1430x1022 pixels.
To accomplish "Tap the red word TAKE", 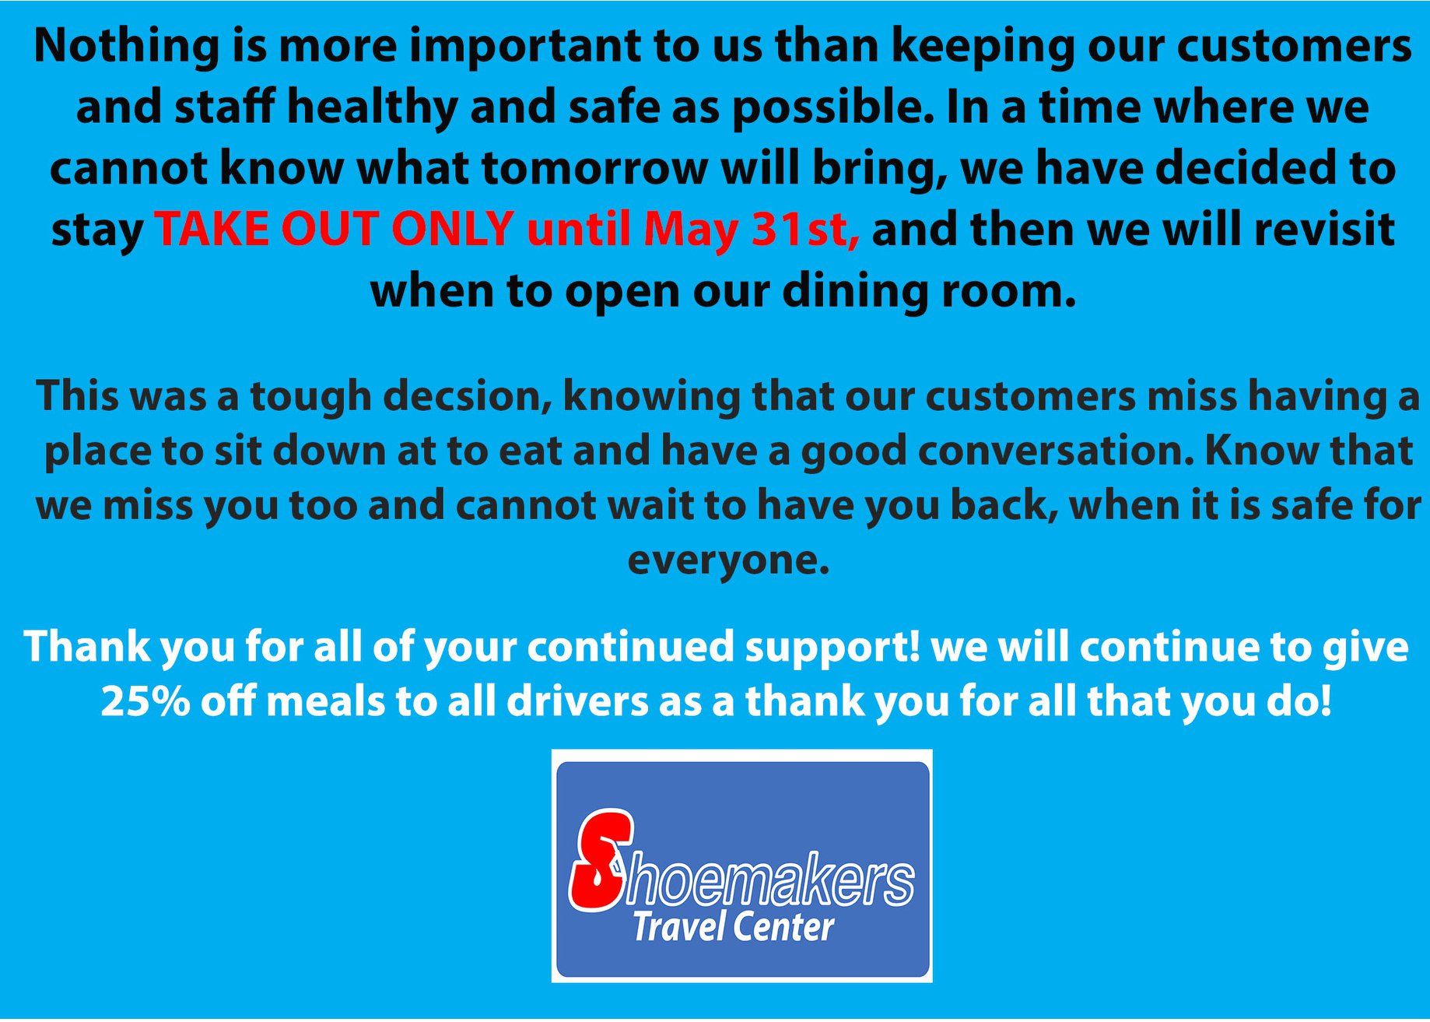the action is tap(212, 230).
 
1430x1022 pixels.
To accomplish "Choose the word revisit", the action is tap(1324, 230).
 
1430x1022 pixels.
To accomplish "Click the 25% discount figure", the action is tap(145, 701).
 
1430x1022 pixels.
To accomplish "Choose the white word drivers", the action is tap(577, 701).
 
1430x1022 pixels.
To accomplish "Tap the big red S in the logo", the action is tap(601, 861).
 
